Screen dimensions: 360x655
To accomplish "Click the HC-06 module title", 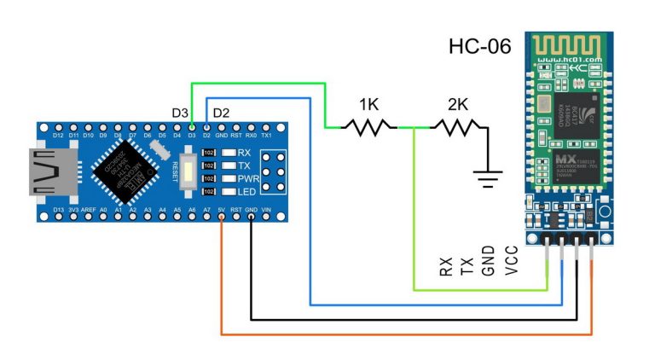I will pyautogui.click(x=479, y=46).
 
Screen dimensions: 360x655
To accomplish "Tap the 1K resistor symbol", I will pyautogui.click(x=369, y=127).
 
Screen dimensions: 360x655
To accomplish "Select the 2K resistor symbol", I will pyautogui.click(x=458, y=127).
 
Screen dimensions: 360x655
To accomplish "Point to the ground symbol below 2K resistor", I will pyautogui.click(x=488, y=180).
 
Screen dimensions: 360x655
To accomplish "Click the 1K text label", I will pyautogui.click(x=368, y=105).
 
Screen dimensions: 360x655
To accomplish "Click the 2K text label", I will pyautogui.click(x=458, y=105).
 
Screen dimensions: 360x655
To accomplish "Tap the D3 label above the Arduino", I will pyautogui.click(x=180, y=113).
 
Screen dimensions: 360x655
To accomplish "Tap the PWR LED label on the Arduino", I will pyautogui.click(x=248, y=178).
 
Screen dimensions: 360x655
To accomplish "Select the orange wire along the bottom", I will pyautogui.click(x=401, y=333).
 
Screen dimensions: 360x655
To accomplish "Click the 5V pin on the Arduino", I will pyautogui.click(x=222, y=216).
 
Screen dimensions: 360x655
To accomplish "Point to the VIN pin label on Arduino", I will pyautogui.click(x=265, y=207).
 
